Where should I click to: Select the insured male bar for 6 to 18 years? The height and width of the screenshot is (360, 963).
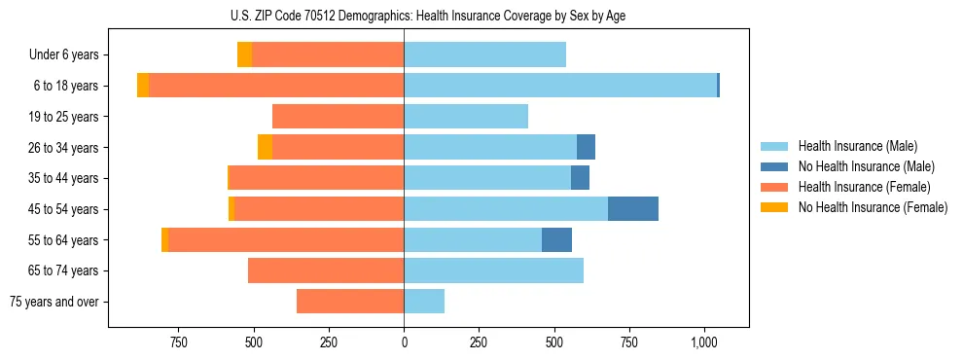(560, 86)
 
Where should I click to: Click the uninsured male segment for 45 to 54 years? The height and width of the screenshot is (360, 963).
(633, 209)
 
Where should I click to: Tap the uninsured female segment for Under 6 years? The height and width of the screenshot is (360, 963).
(245, 55)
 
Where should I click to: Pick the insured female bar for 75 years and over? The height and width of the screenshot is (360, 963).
(350, 302)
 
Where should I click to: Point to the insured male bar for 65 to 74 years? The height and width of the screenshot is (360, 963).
(493, 270)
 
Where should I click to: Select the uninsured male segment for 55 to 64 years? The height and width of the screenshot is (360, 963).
(556, 240)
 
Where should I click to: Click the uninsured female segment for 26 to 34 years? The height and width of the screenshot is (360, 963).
(265, 148)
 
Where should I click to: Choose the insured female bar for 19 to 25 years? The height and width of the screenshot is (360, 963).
(338, 117)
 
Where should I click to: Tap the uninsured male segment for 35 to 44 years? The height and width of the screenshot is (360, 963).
(580, 178)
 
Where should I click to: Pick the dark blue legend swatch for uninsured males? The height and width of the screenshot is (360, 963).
(775, 166)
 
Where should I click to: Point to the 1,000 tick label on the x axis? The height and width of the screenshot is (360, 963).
(704, 342)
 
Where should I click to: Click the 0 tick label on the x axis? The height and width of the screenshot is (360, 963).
(404, 342)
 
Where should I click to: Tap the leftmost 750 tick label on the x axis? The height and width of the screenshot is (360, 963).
(178, 342)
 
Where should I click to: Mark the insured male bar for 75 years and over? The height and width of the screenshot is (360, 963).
(424, 302)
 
